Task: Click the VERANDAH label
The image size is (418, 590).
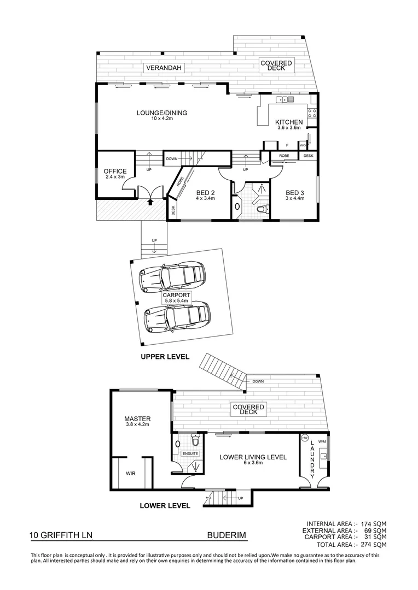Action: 164,68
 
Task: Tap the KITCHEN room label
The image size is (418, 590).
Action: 288,122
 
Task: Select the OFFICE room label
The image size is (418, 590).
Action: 115,172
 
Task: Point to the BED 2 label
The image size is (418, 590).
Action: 206,192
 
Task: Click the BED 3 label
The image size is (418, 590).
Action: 294,192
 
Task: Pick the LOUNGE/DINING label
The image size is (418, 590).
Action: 161,113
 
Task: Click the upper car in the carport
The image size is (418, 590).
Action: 172,276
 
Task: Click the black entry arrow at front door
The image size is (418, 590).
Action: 150,202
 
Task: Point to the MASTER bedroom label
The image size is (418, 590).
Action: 137,419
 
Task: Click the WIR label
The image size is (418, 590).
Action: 131,474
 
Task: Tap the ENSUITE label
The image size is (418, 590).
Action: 190,453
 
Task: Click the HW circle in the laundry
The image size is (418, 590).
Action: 305,439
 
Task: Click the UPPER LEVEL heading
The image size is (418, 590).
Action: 165,357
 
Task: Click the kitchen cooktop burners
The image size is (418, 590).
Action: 312,113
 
